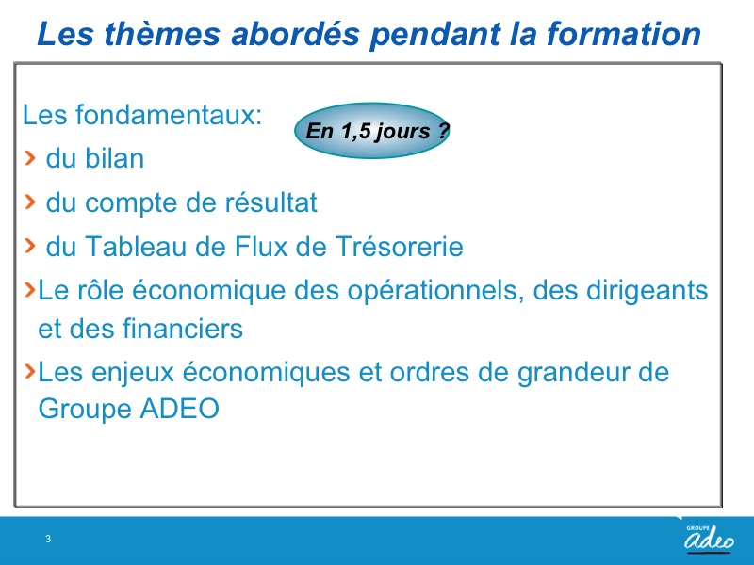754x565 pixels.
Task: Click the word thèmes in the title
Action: (160, 34)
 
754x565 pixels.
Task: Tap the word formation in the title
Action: (624, 34)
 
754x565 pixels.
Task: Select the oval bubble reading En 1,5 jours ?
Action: (372, 131)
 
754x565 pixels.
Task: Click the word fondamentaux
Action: (169, 115)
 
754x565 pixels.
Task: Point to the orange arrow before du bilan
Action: (30, 157)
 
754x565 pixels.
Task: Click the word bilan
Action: (114, 158)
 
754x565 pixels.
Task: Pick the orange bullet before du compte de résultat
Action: (30, 202)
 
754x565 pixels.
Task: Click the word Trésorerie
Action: (399, 247)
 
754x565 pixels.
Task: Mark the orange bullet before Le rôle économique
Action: (30, 289)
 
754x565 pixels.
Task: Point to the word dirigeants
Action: (645, 291)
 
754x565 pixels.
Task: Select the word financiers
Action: (183, 329)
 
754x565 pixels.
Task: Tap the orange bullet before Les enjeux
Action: (30, 371)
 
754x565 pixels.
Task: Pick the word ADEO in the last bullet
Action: (179, 409)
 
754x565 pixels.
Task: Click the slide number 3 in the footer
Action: (48, 539)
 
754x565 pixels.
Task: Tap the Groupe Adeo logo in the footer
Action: (710, 538)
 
